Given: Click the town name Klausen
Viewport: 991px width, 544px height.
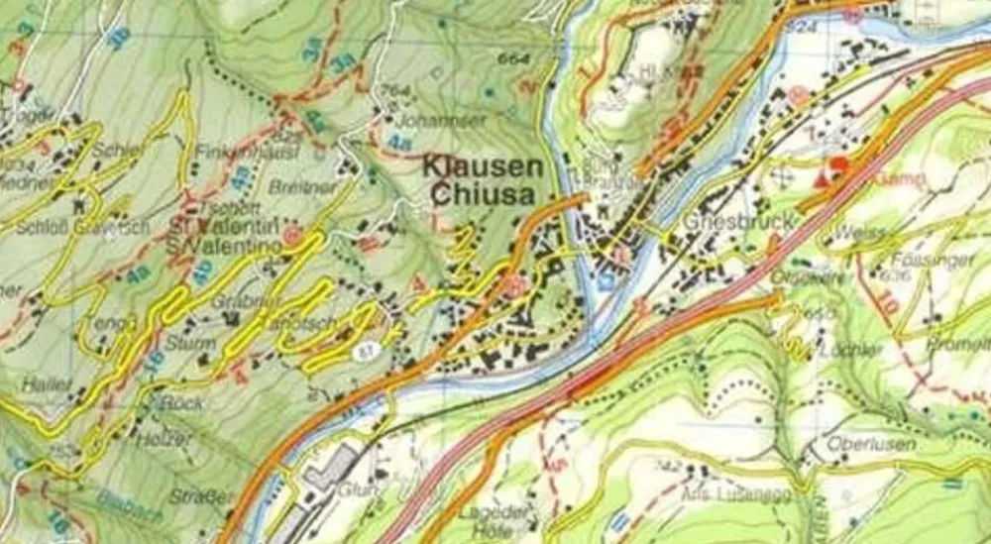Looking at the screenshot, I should coord(485,166).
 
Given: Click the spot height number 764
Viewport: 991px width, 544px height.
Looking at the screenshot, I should coord(394,92).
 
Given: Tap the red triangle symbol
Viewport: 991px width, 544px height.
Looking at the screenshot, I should coord(822,181).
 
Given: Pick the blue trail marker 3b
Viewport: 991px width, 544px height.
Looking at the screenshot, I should coord(119,37).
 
